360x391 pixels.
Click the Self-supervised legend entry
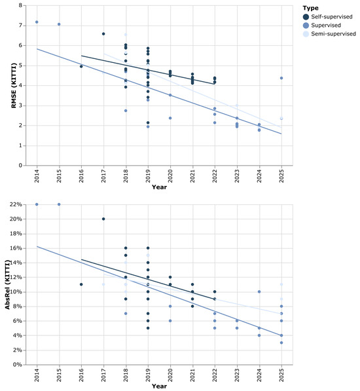328,17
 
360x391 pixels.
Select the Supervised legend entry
322,25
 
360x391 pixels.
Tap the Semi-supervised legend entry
329,33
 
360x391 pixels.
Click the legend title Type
310,8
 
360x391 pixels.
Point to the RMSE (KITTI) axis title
14,86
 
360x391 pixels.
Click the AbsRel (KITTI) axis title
7,284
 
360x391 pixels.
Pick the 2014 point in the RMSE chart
37,22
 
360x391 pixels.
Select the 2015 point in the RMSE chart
59,24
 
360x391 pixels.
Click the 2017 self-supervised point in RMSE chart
103,34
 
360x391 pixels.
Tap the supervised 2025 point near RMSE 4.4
281,78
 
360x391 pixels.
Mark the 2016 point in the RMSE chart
81,66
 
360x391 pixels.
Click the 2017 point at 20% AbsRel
103,219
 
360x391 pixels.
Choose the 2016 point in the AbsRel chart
81,284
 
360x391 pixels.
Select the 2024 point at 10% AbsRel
259,291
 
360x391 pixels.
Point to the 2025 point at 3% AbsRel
281,343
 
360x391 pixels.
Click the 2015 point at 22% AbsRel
59,204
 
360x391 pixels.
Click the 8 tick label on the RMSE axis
21,5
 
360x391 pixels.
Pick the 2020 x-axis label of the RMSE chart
170,176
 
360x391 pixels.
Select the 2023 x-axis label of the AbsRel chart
237,375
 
